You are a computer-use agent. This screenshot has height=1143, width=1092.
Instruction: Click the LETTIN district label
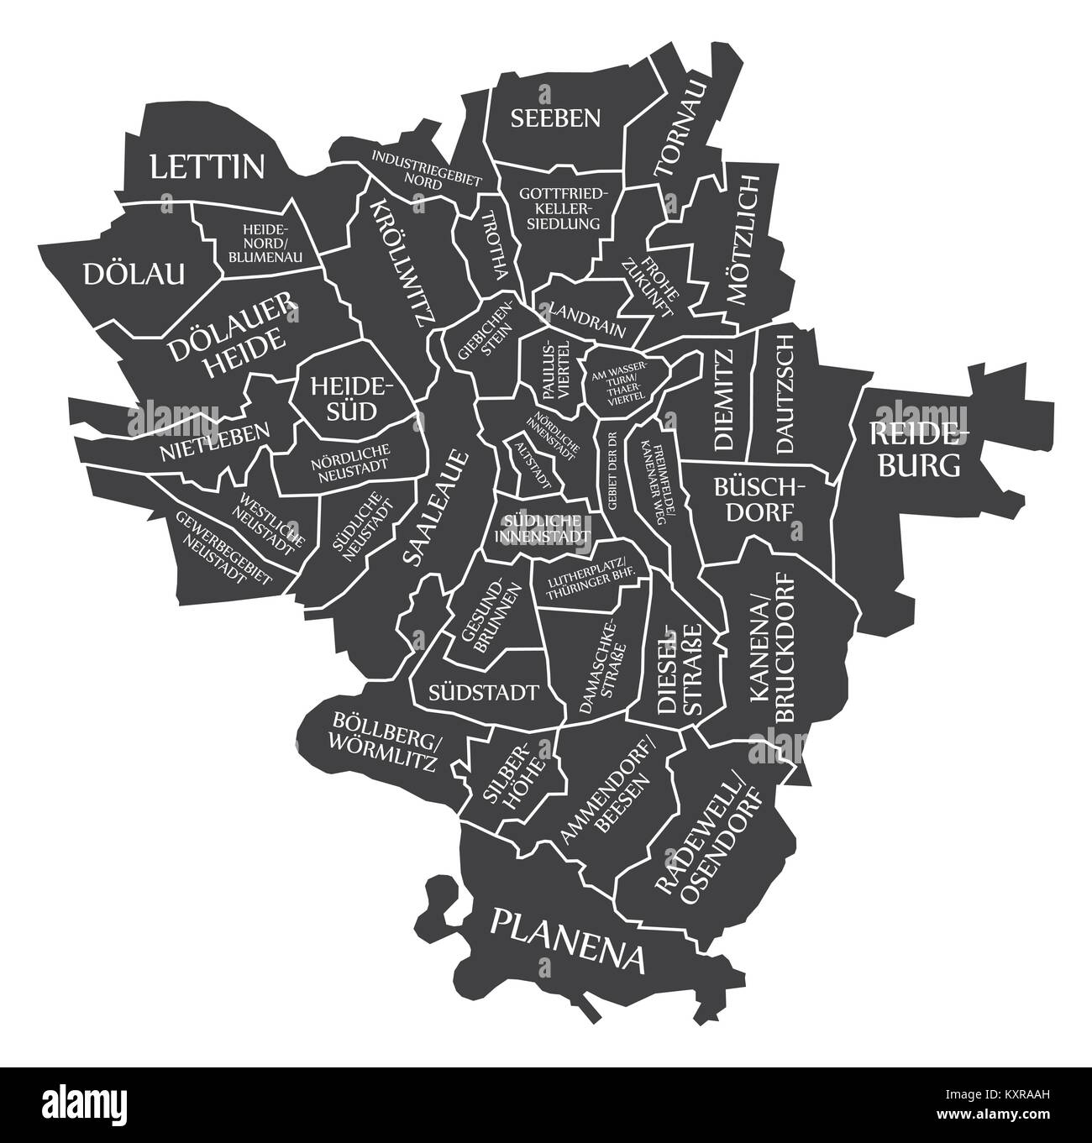207,167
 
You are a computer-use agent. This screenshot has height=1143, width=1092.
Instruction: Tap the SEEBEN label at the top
556,118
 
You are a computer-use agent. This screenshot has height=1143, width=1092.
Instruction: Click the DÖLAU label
134,273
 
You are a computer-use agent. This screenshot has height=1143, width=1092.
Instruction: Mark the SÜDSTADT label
483,693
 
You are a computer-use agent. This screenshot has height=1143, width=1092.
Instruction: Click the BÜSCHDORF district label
759,499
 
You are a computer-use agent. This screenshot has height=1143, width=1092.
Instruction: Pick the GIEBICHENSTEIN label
486,338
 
